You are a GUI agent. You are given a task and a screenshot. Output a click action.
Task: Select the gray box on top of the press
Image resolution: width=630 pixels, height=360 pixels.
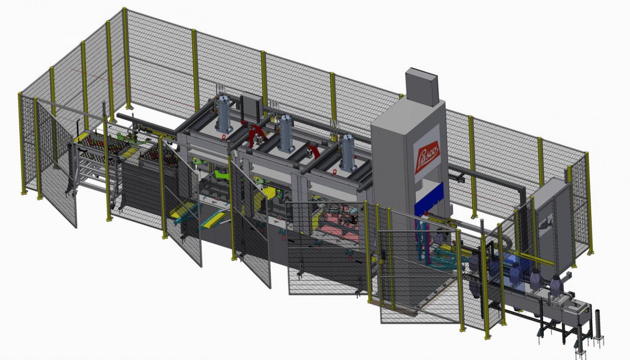(x=422, y=87)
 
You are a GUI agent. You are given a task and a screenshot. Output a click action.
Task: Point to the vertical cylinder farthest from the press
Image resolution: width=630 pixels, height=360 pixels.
(x=224, y=114)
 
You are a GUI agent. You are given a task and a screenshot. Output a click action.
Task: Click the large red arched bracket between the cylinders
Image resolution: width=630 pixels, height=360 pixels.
(x=256, y=135)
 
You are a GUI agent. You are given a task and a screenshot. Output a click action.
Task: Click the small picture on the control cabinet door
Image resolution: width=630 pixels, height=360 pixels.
(x=546, y=222)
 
